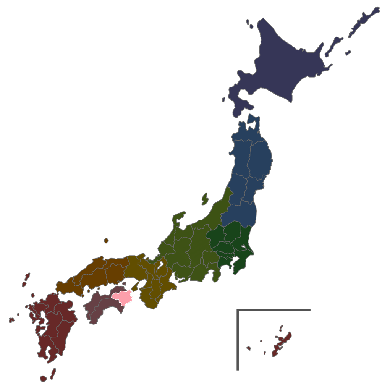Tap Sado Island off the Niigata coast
tap(205, 199)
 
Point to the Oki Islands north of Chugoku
tap(106, 241)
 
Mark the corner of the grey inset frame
tap(238, 310)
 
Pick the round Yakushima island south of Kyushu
tap(44, 379)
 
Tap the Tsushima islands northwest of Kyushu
tap(26, 279)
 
